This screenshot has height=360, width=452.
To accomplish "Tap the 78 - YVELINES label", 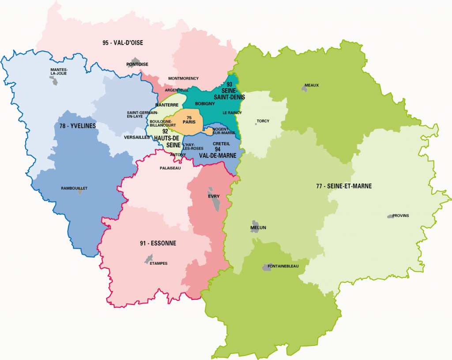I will tap(78, 126).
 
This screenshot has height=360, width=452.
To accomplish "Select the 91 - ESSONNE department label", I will tap(158, 243).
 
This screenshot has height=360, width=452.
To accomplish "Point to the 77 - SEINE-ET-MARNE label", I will tap(344, 186).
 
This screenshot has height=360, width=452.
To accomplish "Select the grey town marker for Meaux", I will tap(304, 89).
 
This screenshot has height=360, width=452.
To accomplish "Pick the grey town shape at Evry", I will tap(215, 201).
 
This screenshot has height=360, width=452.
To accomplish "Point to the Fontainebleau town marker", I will tap(268, 266).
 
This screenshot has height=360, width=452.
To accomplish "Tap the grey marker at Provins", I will tap(390, 216).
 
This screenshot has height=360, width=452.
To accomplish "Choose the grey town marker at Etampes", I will tap(149, 259).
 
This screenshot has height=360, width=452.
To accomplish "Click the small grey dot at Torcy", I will tap(256, 124).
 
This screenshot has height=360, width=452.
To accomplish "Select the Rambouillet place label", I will tap(74, 188).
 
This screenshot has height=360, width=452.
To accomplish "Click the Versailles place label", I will tap(137, 137).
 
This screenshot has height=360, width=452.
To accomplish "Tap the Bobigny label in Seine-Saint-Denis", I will tap(205, 104).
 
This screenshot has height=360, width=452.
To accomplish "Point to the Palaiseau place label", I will tap(170, 168).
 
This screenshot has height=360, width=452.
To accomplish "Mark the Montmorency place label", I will tap(183, 79).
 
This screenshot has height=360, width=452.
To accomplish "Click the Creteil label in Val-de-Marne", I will tap(221, 144).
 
